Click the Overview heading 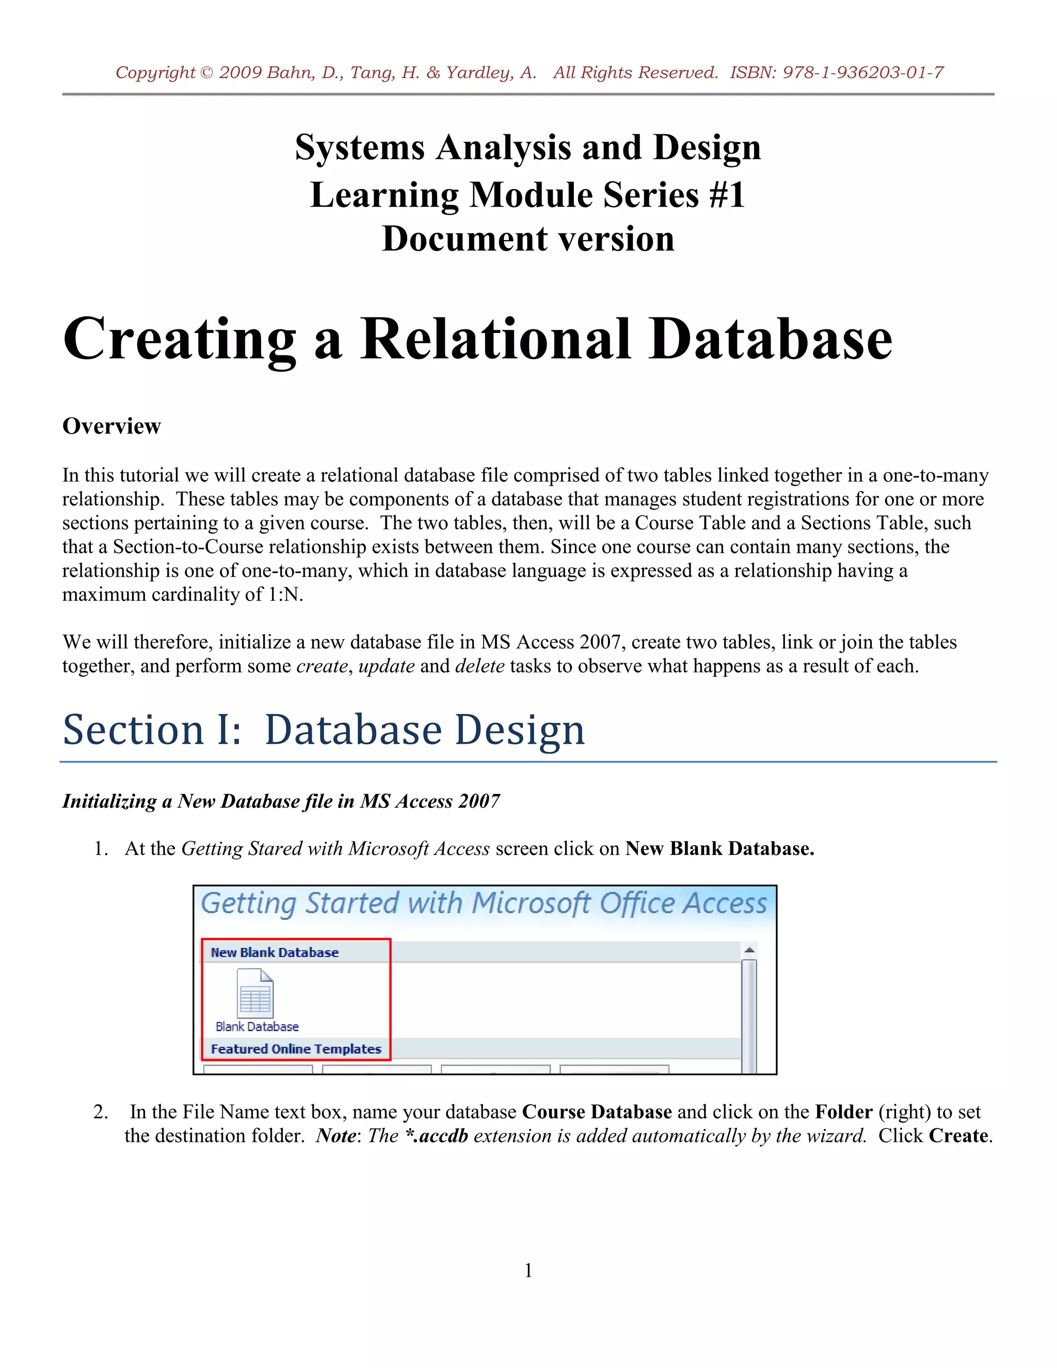[x=111, y=426]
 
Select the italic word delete [x=479, y=666]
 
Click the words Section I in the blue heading [x=152, y=730]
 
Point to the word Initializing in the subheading [x=109, y=801]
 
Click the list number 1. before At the [x=101, y=849]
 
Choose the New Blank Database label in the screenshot [x=274, y=953]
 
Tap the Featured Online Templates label [x=296, y=1049]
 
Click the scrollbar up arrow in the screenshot [x=749, y=951]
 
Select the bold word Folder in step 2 [x=843, y=1112]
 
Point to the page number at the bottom [x=528, y=1270]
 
